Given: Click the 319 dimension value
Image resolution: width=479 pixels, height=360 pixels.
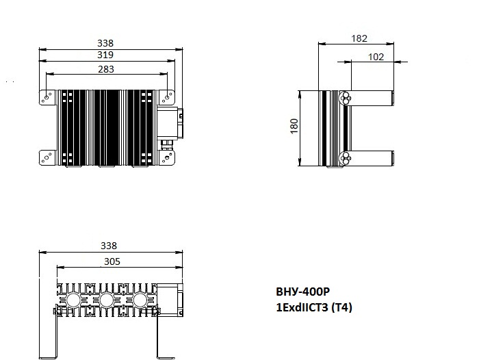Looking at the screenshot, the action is point(105,55).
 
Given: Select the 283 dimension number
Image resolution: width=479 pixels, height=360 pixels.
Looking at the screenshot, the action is point(106,69).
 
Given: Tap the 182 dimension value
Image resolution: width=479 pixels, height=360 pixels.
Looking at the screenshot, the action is point(359,38).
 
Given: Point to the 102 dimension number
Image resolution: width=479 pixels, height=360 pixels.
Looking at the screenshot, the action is point(376,57).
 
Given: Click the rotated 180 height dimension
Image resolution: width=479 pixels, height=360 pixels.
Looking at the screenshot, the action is point(294,126).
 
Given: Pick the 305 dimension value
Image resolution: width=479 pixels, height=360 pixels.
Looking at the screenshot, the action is point(112,261).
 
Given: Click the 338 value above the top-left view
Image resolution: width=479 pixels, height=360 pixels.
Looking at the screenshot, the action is point(105,43).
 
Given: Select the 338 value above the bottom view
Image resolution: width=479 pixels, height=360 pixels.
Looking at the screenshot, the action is point(109,246).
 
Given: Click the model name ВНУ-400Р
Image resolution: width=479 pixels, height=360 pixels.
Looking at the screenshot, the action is point(302,292).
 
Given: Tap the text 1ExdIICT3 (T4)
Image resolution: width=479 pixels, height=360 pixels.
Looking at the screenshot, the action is point(314,307).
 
